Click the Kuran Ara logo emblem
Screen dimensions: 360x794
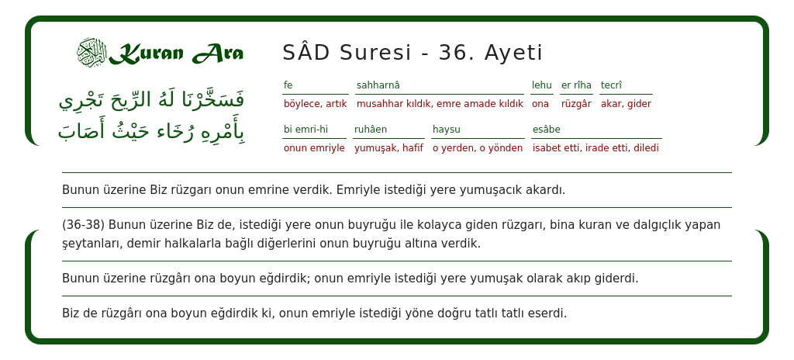[91, 53]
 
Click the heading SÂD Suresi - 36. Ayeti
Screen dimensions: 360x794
[413, 53]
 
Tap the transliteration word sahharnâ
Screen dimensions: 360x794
[378, 85]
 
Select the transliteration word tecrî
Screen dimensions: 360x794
[611, 85]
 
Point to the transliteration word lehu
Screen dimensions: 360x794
[541, 85]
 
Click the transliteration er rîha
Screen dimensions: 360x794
[576, 85]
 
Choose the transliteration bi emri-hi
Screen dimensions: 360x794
[306, 130]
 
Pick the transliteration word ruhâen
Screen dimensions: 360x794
[371, 130]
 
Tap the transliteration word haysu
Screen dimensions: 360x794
[447, 130]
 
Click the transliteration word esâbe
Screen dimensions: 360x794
[546, 130]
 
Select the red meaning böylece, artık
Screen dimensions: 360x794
[315, 104]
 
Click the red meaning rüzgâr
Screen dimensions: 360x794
[576, 104]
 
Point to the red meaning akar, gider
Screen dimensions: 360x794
[626, 104]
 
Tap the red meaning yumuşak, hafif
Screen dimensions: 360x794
[388, 148]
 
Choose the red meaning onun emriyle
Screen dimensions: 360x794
[314, 148]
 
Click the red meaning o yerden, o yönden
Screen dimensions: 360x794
[478, 148]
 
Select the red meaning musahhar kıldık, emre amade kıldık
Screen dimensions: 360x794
[440, 104]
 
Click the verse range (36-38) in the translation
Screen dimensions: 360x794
[83, 225]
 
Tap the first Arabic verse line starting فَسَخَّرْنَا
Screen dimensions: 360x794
[152, 100]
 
